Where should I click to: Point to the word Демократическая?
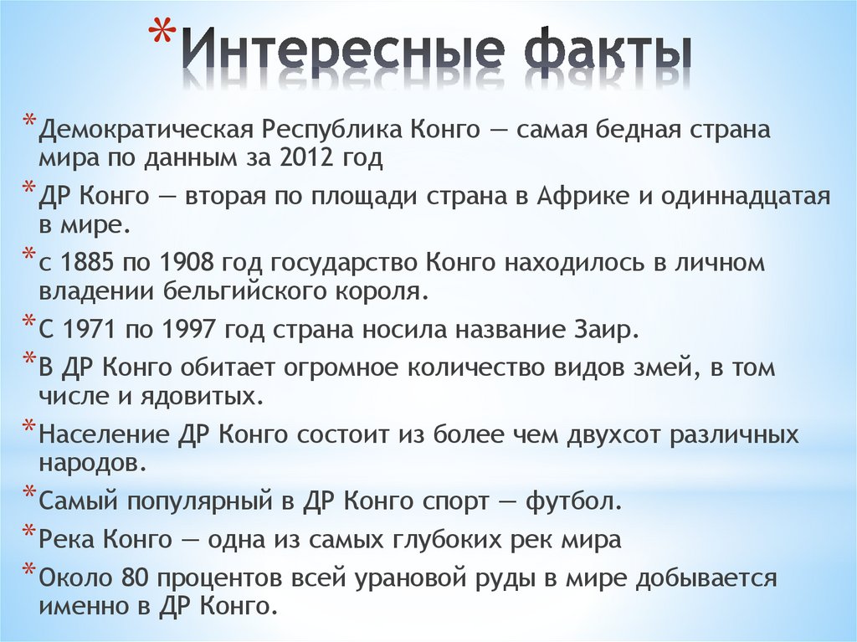point(146,131)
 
